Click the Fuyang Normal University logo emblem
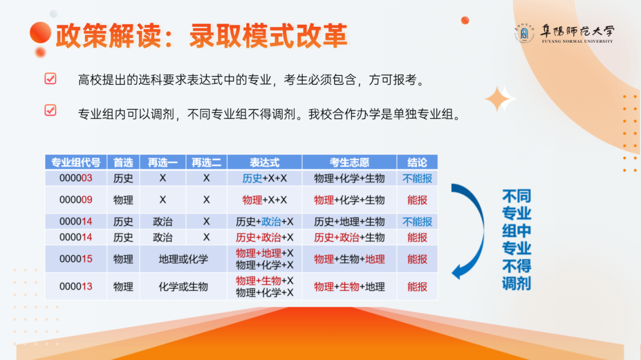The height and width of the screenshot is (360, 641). point(523,34)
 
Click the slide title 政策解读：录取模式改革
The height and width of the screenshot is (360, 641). point(201,36)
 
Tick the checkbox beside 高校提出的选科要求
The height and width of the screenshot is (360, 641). point(50,79)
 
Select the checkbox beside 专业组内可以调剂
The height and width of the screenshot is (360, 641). point(50,110)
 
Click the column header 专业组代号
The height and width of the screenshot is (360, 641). point(75,163)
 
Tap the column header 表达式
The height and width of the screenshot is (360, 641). point(264,163)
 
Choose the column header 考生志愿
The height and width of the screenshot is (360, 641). point(349,163)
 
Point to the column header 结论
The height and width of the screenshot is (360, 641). point(417,163)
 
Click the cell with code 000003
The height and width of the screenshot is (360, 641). point(75,178)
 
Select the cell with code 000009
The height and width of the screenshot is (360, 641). point(75,200)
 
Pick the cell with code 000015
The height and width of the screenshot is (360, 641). point(75,259)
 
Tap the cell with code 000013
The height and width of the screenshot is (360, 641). point(75,286)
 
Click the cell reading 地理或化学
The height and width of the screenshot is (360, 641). point(183,259)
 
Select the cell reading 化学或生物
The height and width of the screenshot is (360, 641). point(183,286)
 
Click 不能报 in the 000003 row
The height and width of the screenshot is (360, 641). point(417,178)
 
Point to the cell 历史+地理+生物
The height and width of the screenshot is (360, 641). point(349,222)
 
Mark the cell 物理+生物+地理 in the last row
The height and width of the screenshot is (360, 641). point(349,286)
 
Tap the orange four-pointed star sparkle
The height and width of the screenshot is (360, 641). point(500,99)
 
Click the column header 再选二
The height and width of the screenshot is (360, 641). point(206,163)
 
